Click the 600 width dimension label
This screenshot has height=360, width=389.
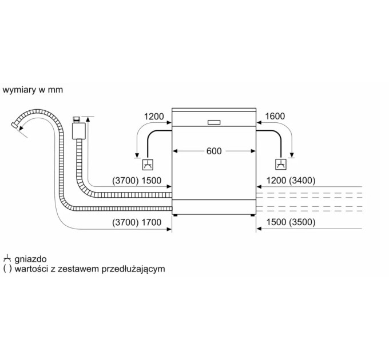point(214,151)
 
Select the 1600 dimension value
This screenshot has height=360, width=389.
point(275,116)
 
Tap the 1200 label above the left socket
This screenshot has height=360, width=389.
point(154,117)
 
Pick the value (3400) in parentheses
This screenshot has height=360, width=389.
point(302,181)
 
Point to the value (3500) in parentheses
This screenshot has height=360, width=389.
point(302,222)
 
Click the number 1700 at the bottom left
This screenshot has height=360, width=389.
point(151,222)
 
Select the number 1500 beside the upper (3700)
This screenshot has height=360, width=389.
point(151,181)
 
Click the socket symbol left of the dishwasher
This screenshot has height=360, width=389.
point(148,165)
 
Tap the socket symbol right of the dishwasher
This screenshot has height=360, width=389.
point(281,165)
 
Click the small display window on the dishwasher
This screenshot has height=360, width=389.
point(214,122)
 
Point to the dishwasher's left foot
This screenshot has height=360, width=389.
point(176,215)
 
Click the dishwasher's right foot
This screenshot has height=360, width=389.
point(252,215)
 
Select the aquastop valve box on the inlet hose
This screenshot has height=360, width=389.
point(79,130)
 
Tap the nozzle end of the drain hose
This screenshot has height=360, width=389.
point(14,125)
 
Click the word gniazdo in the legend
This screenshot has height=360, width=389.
point(30,259)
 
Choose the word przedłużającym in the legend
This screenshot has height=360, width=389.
point(133,269)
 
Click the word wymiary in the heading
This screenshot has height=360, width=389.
point(19,90)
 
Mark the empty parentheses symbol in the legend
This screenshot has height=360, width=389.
point(7,269)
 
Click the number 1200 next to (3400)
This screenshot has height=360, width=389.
point(276,181)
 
